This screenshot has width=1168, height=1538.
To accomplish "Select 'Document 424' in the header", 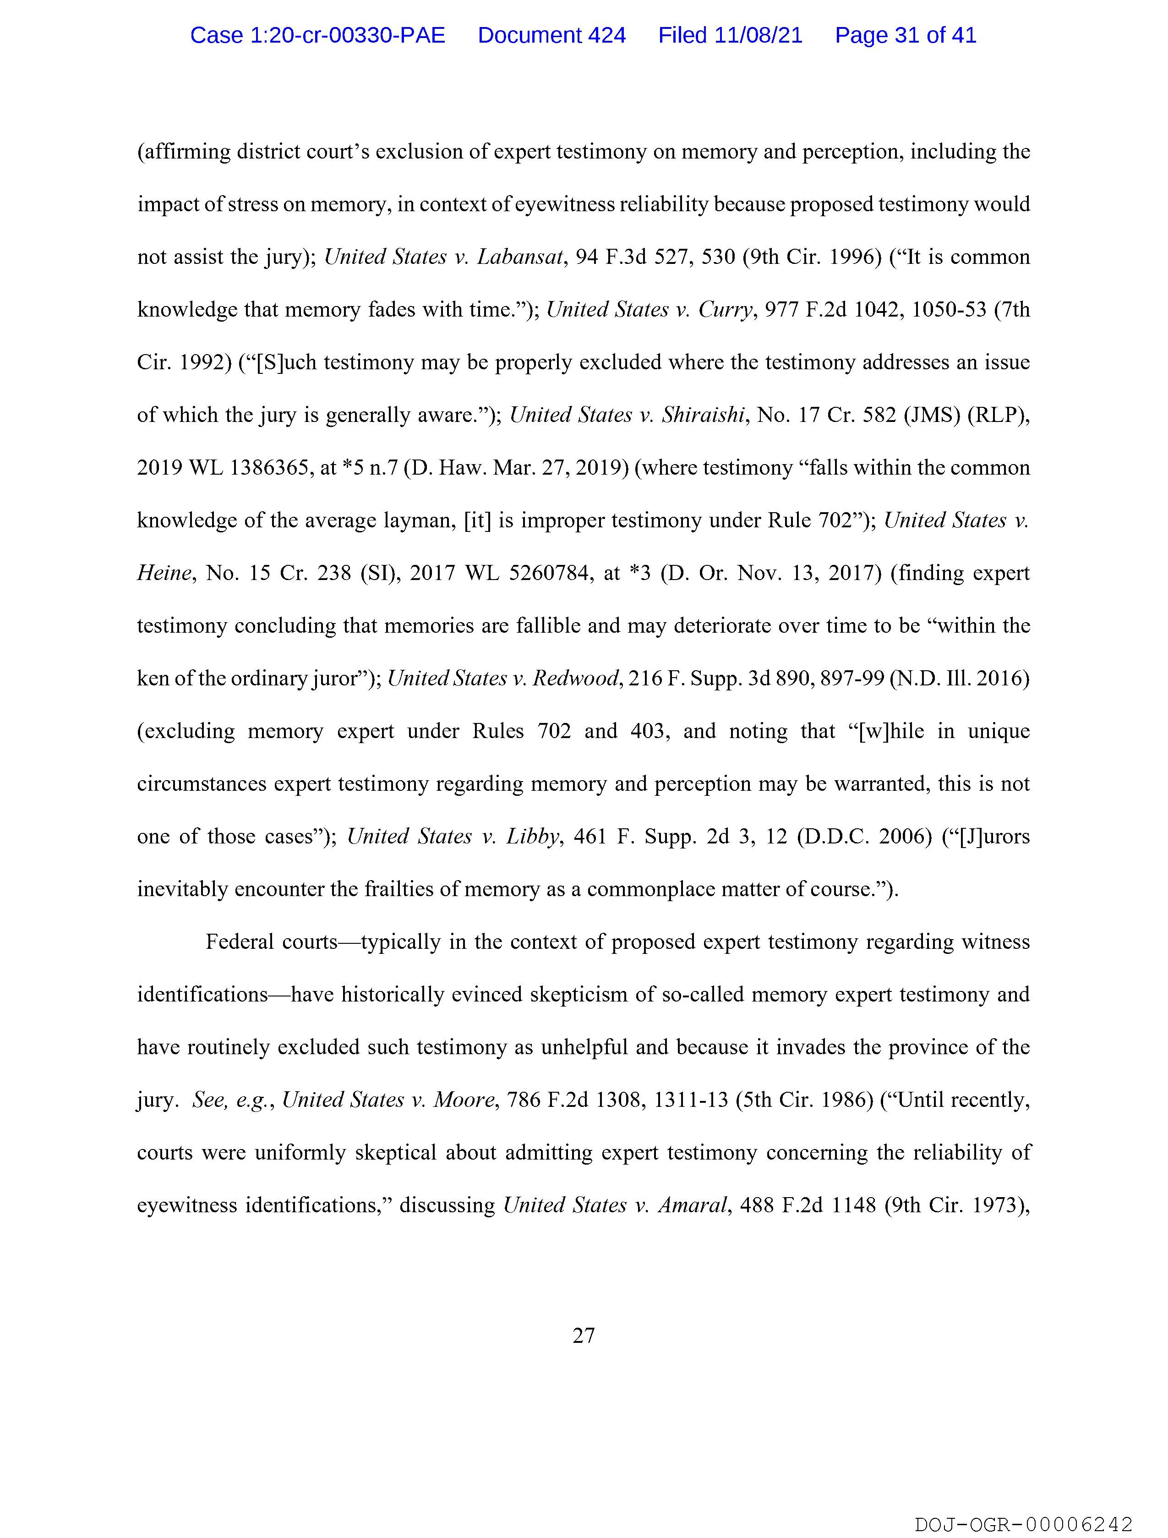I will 551,35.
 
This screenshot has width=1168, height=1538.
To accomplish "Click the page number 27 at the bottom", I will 583,1335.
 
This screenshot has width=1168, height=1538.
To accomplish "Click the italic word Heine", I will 164,573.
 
